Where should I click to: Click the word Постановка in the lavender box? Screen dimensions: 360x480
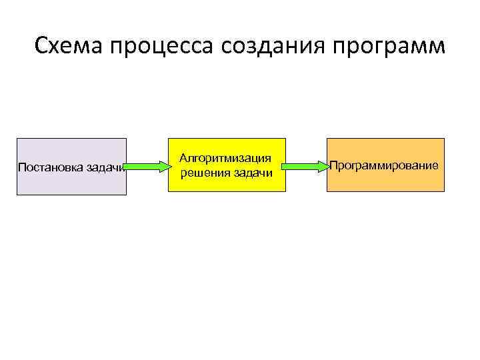click(51, 167)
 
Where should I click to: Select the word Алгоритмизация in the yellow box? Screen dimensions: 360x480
click(226, 159)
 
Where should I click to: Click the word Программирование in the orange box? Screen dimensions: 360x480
click(385, 165)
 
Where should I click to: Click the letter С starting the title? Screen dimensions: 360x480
click(42, 47)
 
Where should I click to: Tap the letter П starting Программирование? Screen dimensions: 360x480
click(334, 165)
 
